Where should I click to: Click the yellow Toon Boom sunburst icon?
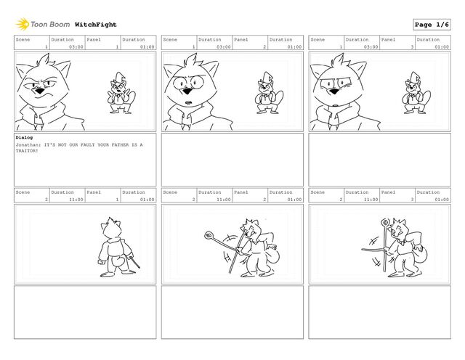23,24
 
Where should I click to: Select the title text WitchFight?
95,25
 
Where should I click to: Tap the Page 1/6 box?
432,25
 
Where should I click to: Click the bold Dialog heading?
24,137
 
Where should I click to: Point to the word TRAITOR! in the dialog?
27,151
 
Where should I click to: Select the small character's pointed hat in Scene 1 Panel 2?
268,76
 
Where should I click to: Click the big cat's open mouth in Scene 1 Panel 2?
188,103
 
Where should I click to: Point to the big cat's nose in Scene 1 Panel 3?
334,91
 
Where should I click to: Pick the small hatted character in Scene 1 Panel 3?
416,93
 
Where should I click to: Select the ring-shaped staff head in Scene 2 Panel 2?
209,236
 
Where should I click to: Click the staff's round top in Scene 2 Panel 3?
385,222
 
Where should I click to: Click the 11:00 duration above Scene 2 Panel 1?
76,200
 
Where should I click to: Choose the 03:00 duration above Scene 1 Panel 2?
224,47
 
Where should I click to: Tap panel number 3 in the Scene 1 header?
412,47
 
